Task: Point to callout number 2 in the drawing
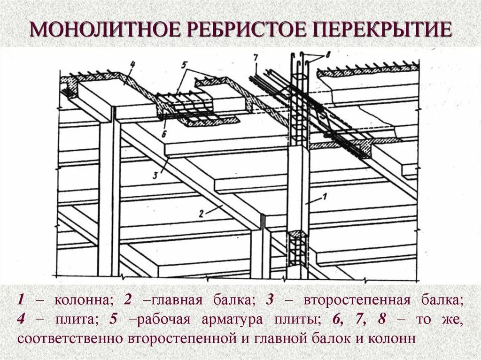pyautogui.click(x=201, y=213)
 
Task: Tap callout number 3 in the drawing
pyautogui.click(x=155, y=176)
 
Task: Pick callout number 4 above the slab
pyautogui.click(x=132, y=65)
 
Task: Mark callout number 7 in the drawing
pyautogui.click(x=255, y=58)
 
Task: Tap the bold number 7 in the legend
pyautogui.click(x=360, y=319)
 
